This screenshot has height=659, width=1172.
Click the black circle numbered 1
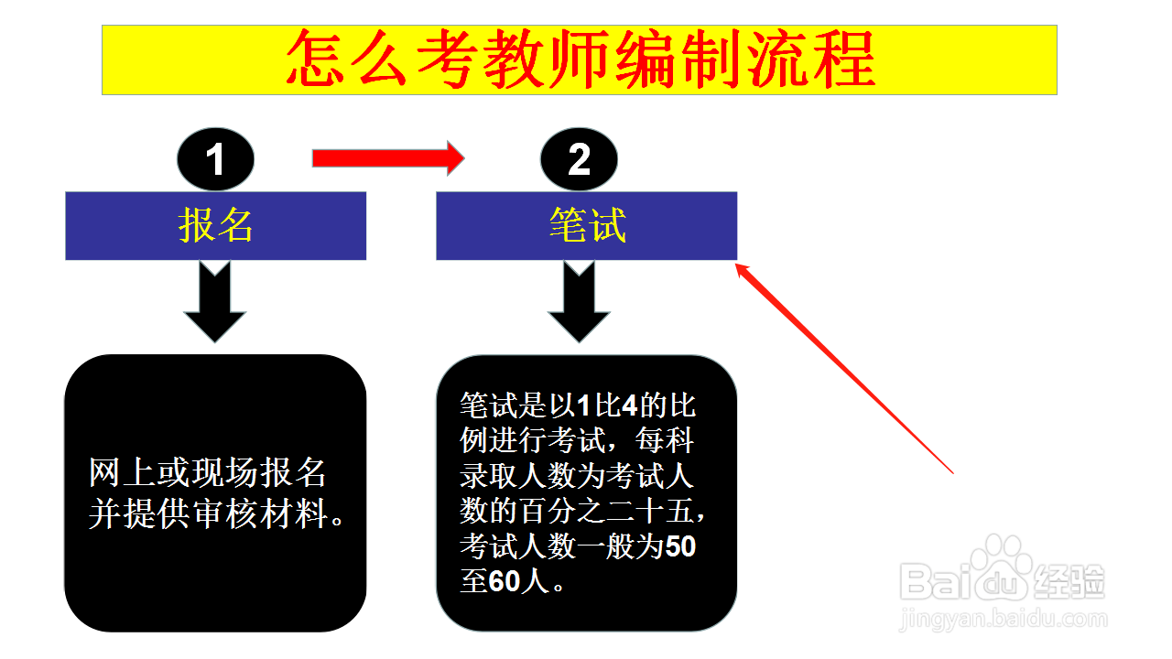(215, 159)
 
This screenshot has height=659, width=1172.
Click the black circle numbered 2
(579, 159)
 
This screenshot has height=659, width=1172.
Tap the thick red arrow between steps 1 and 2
(388, 158)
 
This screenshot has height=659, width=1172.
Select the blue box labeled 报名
(215, 226)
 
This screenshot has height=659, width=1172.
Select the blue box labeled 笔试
(587, 226)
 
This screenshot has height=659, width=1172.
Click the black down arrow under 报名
(214, 301)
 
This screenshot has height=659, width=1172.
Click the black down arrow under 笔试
(579, 301)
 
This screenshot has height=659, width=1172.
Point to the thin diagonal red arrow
(844, 369)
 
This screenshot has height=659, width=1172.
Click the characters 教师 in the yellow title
(547, 59)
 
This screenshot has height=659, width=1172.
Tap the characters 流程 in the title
(811, 59)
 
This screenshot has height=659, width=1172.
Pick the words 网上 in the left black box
(122, 472)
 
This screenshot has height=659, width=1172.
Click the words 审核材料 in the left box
(261, 513)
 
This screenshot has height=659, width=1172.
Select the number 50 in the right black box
(680, 546)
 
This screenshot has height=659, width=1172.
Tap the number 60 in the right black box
(505, 581)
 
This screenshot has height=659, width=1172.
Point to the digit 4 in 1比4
(631, 405)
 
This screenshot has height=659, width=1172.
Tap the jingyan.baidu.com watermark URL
(1004, 620)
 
